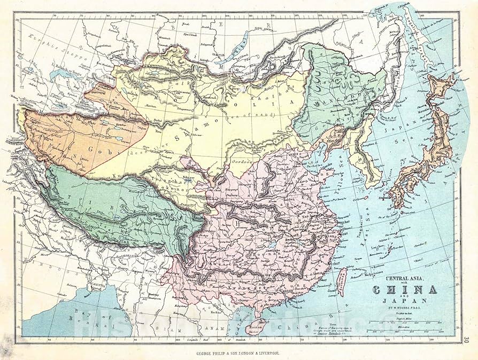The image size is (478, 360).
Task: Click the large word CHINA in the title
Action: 407,290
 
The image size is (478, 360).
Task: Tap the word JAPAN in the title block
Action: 407,301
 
